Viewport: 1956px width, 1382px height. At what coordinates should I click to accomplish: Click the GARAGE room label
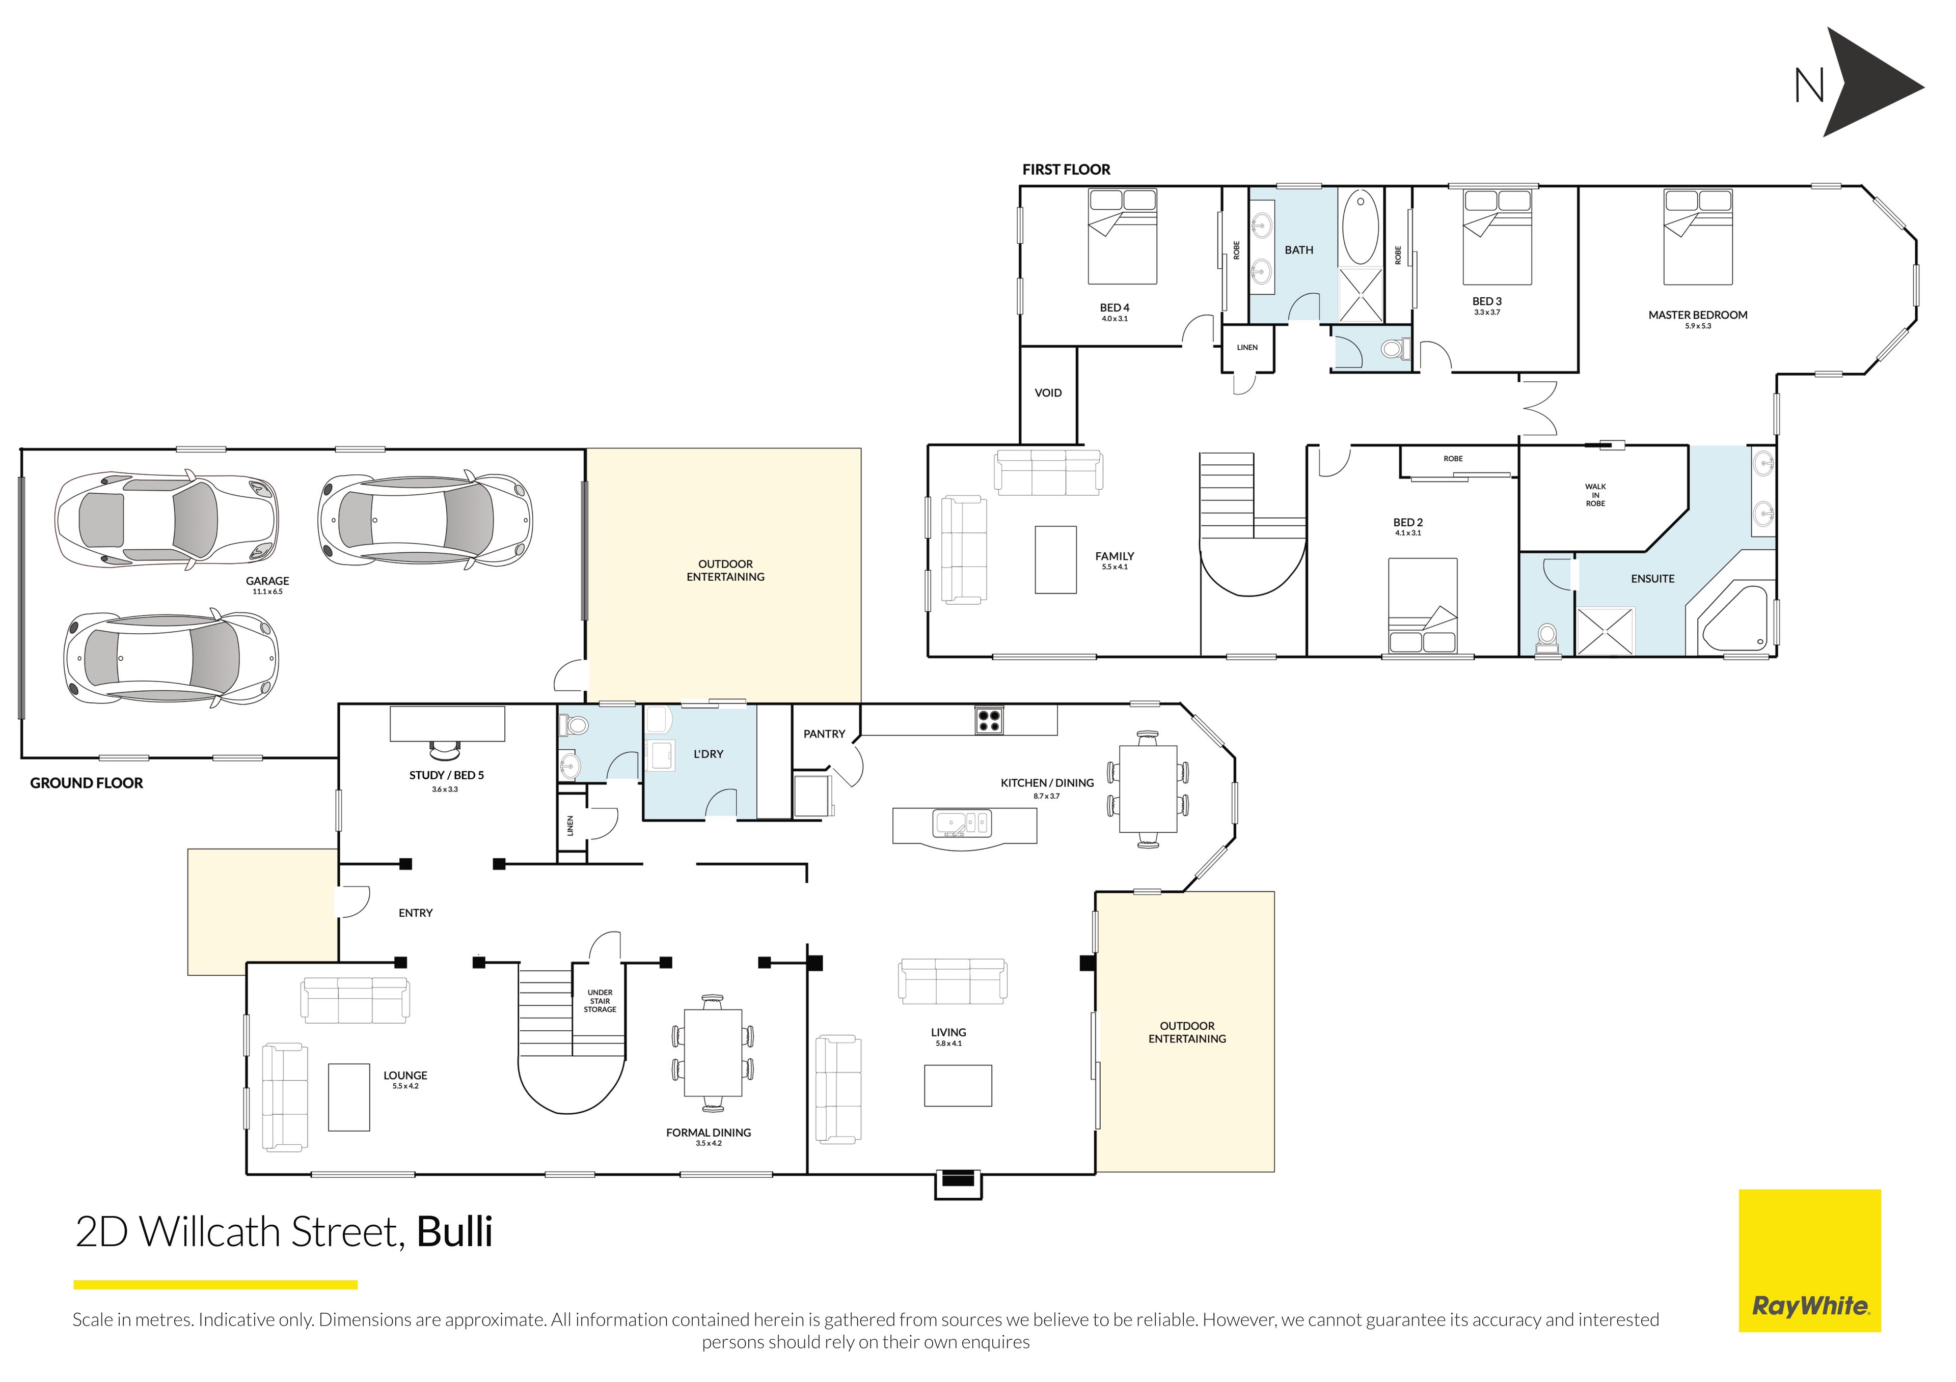tap(267, 581)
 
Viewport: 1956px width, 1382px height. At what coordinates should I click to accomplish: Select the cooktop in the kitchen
tap(989, 720)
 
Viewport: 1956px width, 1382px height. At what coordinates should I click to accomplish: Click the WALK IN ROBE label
tap(1596, 496)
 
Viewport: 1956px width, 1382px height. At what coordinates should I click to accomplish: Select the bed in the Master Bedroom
tap(1698, 237)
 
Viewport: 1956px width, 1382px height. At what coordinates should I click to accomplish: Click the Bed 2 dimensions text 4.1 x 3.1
tap(1408, 533)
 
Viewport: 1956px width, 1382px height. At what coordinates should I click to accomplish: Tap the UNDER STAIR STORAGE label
tap(600, 1001)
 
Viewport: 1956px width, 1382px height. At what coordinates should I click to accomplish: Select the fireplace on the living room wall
tap(959, 1183)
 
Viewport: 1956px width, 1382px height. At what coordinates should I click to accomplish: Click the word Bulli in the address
tap(455, 1232)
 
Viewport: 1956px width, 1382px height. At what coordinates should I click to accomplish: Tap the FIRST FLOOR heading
tap(1067, 170)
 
